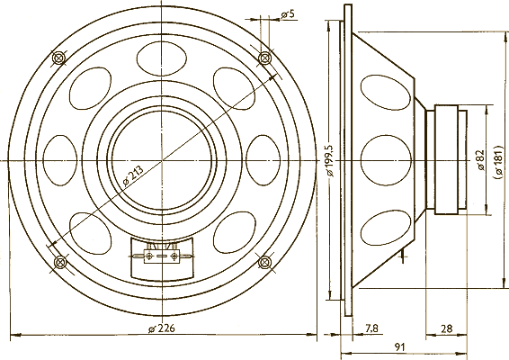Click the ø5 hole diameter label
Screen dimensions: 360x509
[289, 14]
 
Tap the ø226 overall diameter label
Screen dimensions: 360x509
[162, 327]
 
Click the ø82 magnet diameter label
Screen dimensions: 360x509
[481, 160]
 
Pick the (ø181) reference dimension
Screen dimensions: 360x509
[497, 160]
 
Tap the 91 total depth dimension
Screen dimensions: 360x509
[399, 346]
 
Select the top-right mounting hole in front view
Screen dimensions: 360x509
[264, 58]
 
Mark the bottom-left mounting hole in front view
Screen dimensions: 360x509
[60, 262]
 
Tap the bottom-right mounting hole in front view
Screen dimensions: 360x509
[264, 262]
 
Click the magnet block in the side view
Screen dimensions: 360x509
[450, 160]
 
